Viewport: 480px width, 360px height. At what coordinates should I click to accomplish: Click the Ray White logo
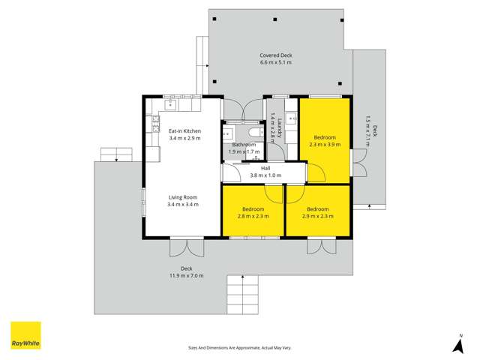(x=25, y=335)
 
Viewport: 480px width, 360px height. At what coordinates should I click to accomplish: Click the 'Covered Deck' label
(x=275, y=55)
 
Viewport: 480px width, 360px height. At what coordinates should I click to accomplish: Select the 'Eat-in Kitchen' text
(x=184, y=130)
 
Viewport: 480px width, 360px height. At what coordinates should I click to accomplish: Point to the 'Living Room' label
(x=183, y=197)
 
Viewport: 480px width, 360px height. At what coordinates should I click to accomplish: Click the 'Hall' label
(x=265, y=168)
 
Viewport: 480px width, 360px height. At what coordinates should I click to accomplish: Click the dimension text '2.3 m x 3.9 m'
(x=325, y=145)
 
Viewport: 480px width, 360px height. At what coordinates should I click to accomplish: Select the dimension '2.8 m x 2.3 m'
(x=252, y=216)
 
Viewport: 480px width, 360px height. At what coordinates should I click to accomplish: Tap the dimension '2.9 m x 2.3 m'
(x=317, y=216)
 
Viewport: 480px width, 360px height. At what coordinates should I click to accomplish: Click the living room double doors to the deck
(x=186, y=246)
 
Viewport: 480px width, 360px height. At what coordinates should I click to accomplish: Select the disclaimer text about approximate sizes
(x=239, y=348)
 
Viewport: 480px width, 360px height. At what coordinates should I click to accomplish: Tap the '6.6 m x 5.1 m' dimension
(x=275, y=62)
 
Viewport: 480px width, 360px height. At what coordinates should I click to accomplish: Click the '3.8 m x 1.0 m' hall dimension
(x=265, y=175)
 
